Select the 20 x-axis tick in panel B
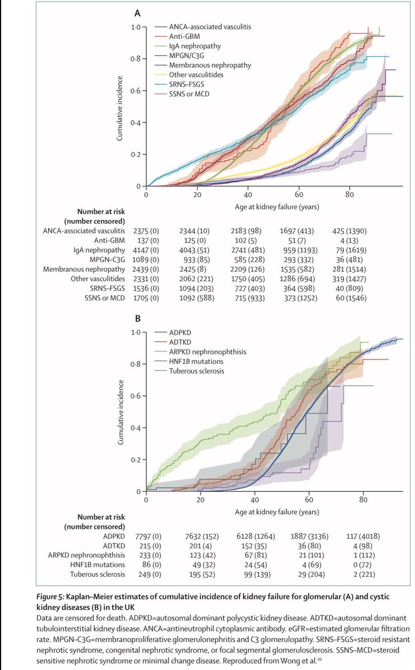pyautogui.click(x=200, y=501)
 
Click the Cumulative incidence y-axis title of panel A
pyautogui.click(x=119, y=106)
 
